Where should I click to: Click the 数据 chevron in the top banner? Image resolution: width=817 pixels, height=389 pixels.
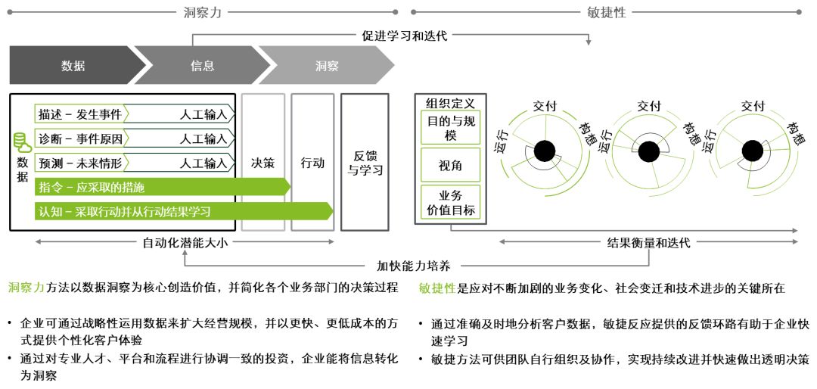tap(72, 65)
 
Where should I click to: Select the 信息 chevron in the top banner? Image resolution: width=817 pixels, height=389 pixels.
tap(201, 65)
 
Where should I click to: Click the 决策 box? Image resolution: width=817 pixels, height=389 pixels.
tap(262, 163)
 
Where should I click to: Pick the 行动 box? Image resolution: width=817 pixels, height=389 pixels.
tap(312, 163)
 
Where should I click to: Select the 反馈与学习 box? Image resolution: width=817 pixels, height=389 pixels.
tap(365, 163)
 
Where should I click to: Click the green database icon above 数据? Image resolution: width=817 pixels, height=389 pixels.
tap(23, 142)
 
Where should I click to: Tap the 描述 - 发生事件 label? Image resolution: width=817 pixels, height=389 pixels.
tap(79, 115)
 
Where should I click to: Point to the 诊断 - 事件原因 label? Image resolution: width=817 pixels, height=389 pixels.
tap(79, 138)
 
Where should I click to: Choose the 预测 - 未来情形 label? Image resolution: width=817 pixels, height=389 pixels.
tap(79, 162)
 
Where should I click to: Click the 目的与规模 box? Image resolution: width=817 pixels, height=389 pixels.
tap(450, 127)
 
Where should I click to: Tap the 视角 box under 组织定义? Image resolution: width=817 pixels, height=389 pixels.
tap(450, 165)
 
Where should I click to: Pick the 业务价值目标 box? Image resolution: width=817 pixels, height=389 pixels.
tap(450, 203)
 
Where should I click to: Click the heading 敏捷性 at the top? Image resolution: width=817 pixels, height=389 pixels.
tap(606, 12)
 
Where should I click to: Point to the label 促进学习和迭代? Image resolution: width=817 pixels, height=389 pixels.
tap(405, 35)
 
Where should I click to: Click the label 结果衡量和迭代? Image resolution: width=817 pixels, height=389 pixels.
tap(649, 243)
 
